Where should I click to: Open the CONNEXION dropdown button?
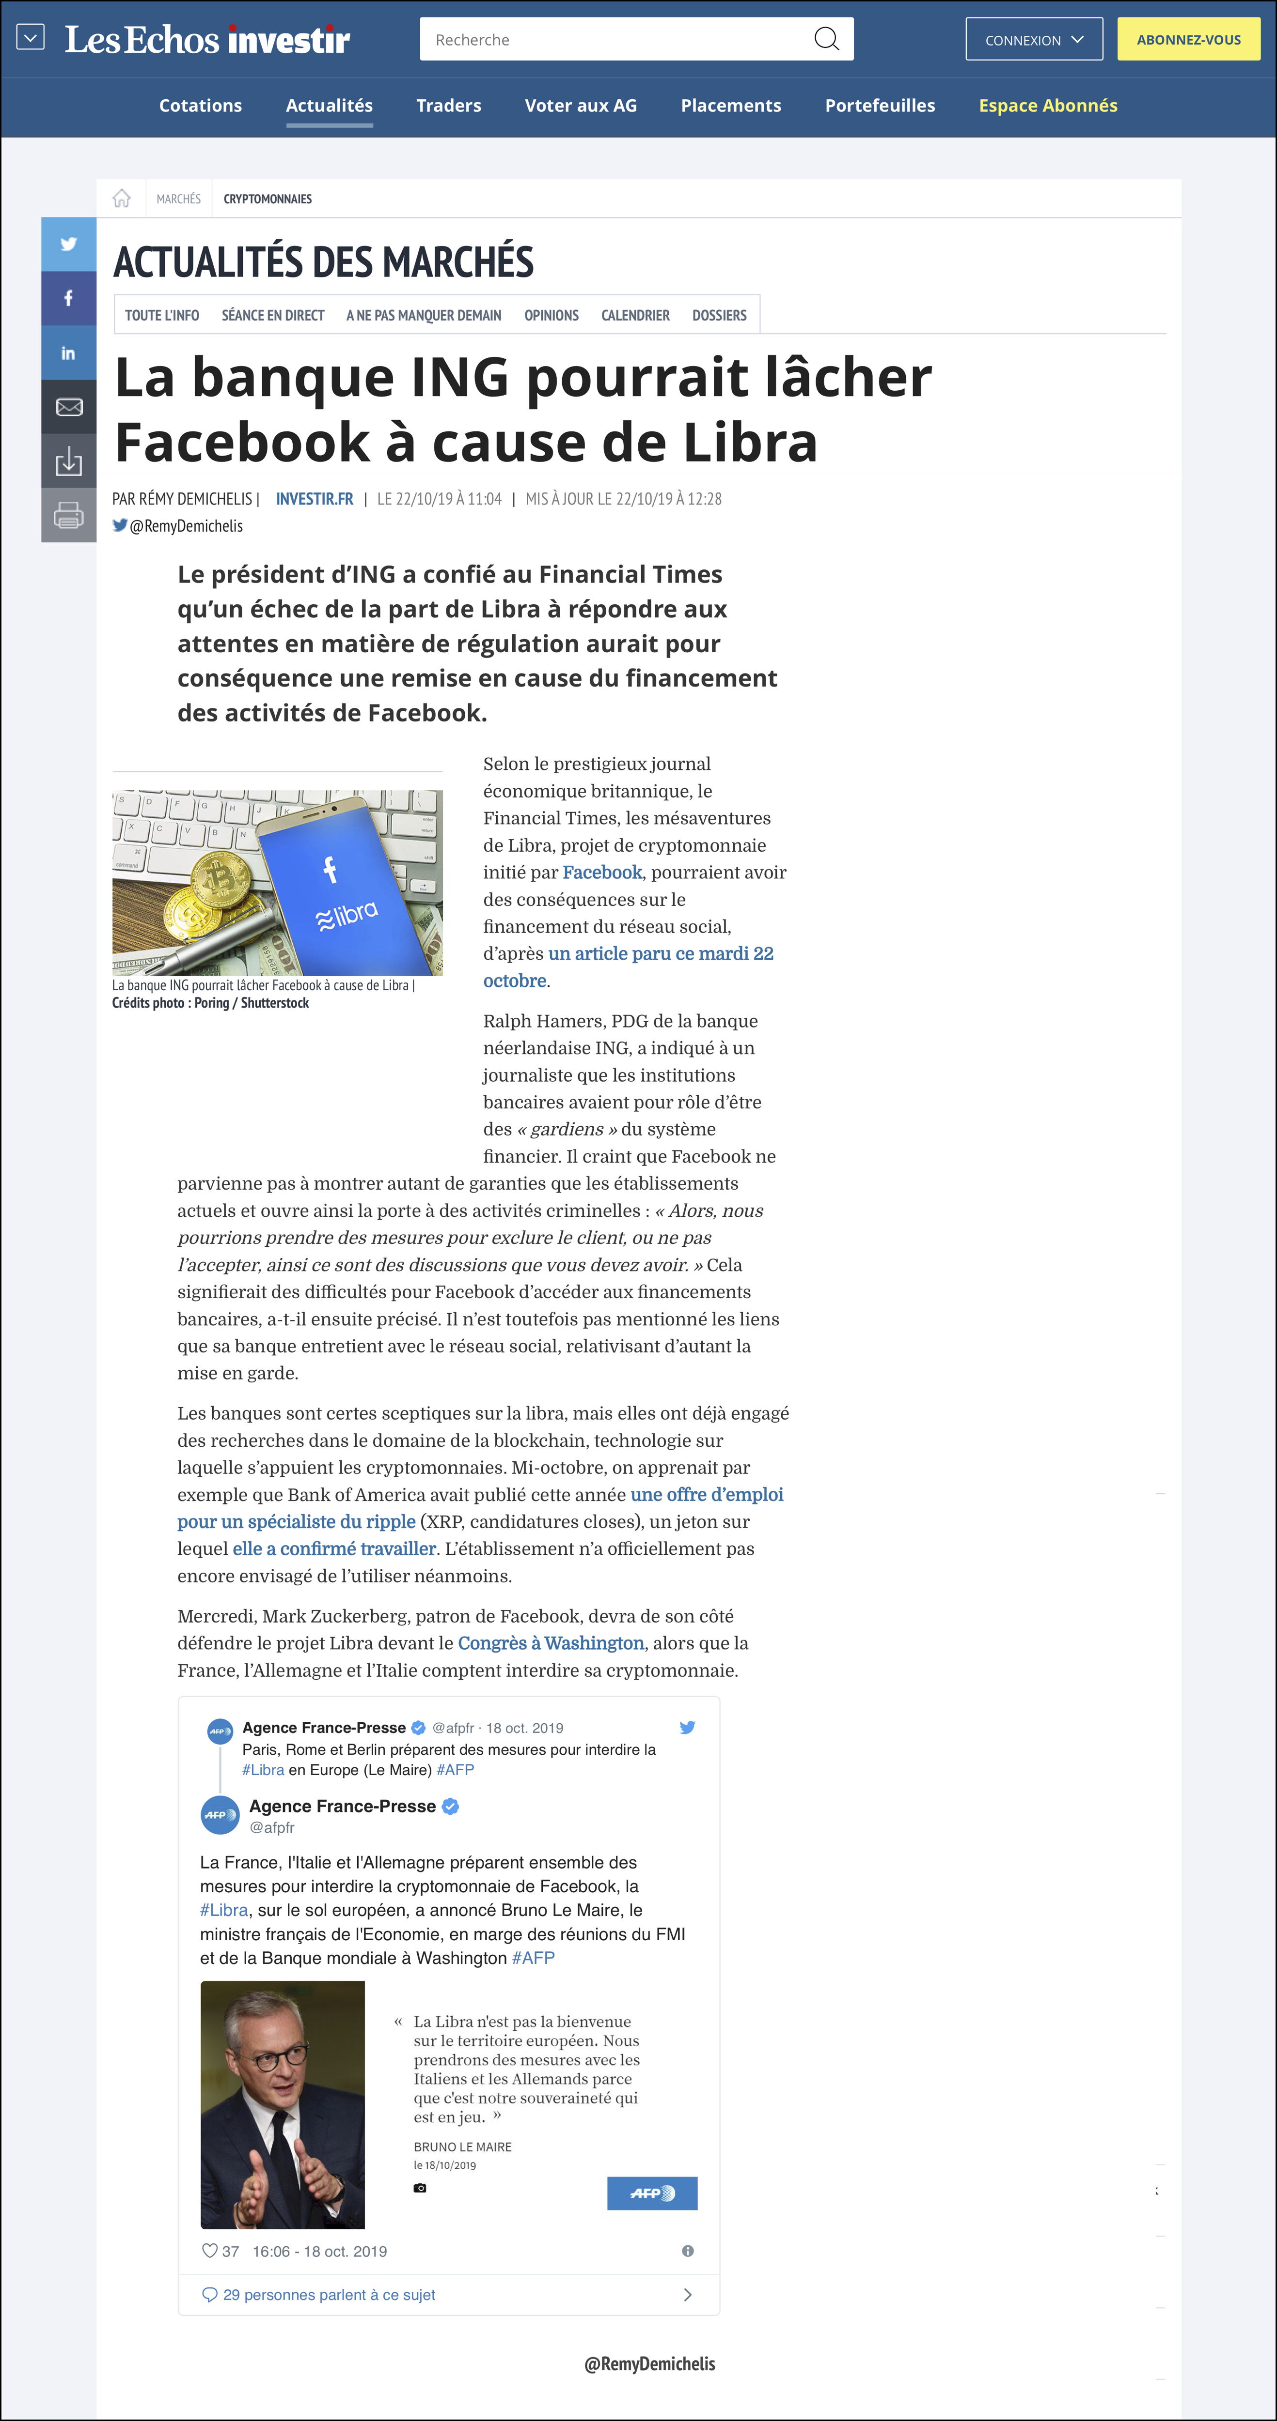(1033, 40)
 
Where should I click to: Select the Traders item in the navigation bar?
(449, 105)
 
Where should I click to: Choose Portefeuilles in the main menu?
(879, 105)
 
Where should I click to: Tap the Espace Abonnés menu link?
(1048, 105)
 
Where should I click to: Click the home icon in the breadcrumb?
(121, 199)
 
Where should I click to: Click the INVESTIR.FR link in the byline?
(314, 499)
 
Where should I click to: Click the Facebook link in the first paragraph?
(602, 872)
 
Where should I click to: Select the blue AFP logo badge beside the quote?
(652, 2192)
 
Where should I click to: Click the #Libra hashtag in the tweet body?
(224, 1910)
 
